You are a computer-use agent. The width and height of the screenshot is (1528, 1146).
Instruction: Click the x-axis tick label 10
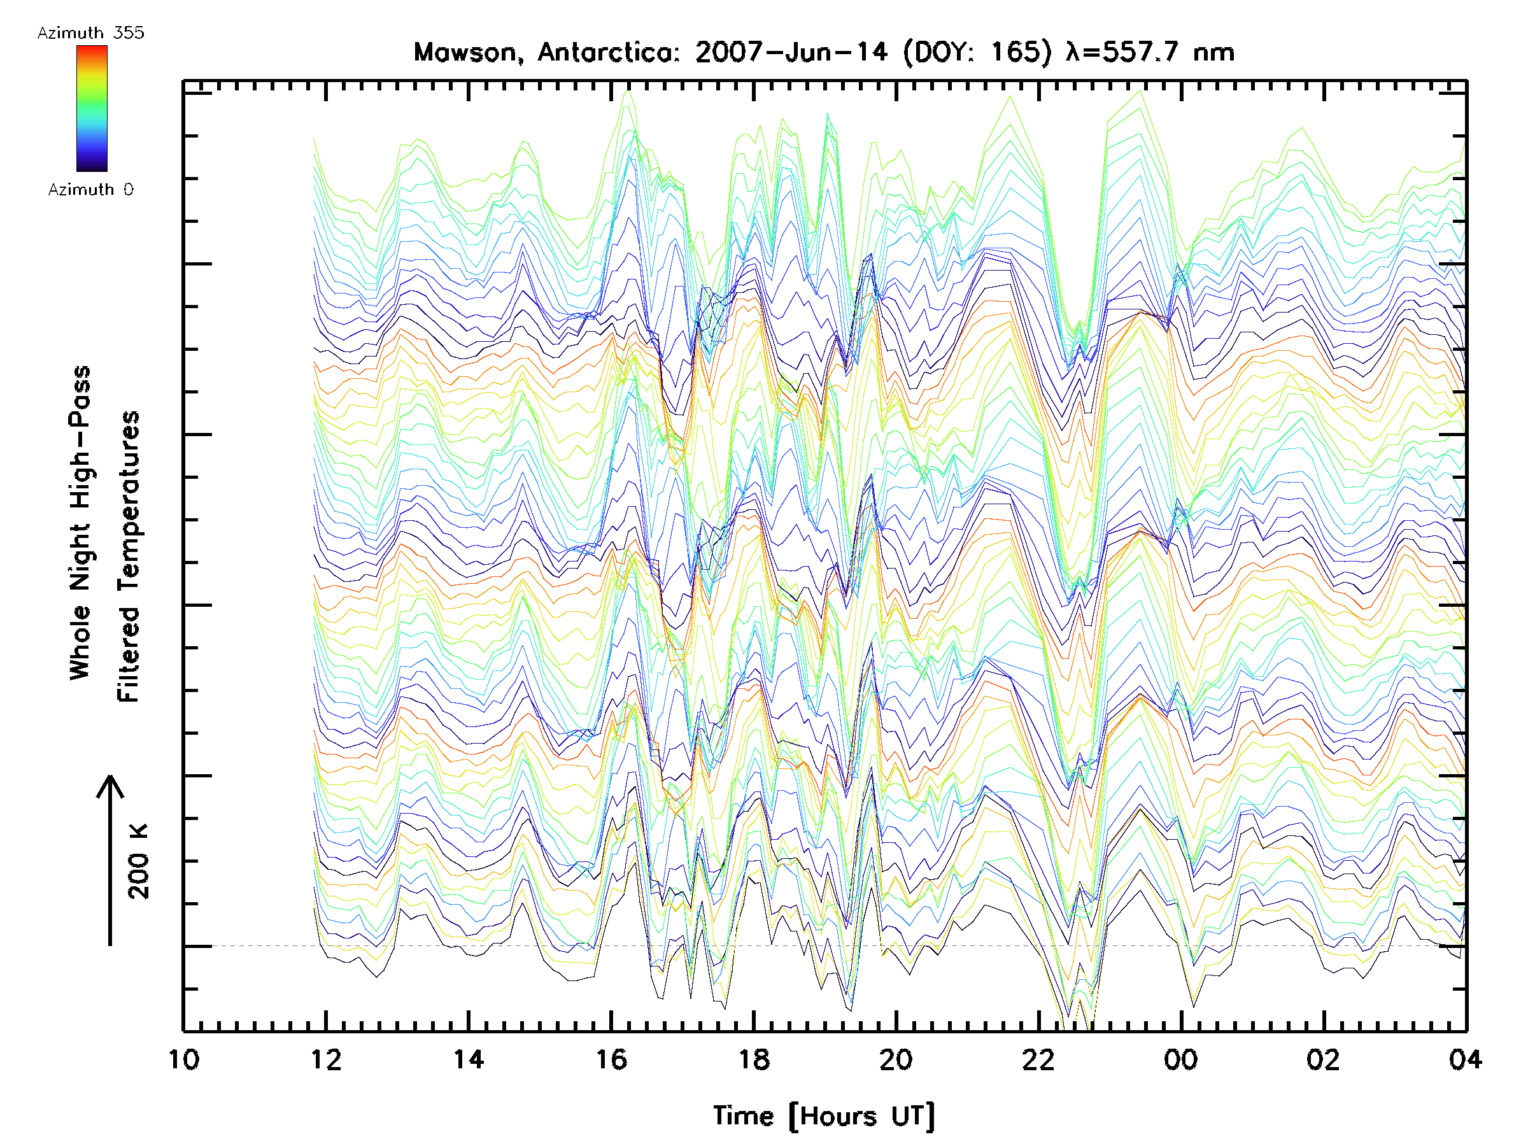coord(184,1059)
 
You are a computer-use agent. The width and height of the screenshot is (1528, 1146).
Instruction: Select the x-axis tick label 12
coord(326,1059)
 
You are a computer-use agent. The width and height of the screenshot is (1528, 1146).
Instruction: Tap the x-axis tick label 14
coord(469,1059)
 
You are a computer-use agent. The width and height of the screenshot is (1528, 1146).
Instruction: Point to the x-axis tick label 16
coord(611,1059)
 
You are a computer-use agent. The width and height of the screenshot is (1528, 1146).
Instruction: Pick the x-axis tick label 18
coord(754,1059)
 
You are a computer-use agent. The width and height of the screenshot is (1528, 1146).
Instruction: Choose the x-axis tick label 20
coord(896,1059)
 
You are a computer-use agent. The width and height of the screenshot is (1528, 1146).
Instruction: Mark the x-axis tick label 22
coord(1038,1059)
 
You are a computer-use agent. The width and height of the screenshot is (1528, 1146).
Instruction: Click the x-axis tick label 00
coord(1180,1059)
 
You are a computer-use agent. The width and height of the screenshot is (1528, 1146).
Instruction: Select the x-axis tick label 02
coord(1323,1059)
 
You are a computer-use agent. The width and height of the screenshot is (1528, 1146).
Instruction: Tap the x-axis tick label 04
coord(1465,1059)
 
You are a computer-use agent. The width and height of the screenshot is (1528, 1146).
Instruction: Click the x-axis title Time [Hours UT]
coord(823,1116)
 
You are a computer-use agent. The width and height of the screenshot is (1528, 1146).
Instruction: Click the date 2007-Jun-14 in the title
coord(791,52)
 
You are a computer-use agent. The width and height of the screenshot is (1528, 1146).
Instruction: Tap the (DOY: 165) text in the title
coord(977,52)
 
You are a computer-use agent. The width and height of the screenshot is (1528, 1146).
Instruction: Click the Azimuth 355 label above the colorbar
coord(90,33)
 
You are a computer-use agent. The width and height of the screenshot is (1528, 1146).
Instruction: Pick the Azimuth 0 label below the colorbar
coord(90,190)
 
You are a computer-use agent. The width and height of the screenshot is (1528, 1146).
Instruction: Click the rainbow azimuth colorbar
coord(92,108)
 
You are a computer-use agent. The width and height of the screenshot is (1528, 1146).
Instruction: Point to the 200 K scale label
coord(139,861)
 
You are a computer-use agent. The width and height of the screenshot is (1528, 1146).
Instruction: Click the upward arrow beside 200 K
coord(110,860)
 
